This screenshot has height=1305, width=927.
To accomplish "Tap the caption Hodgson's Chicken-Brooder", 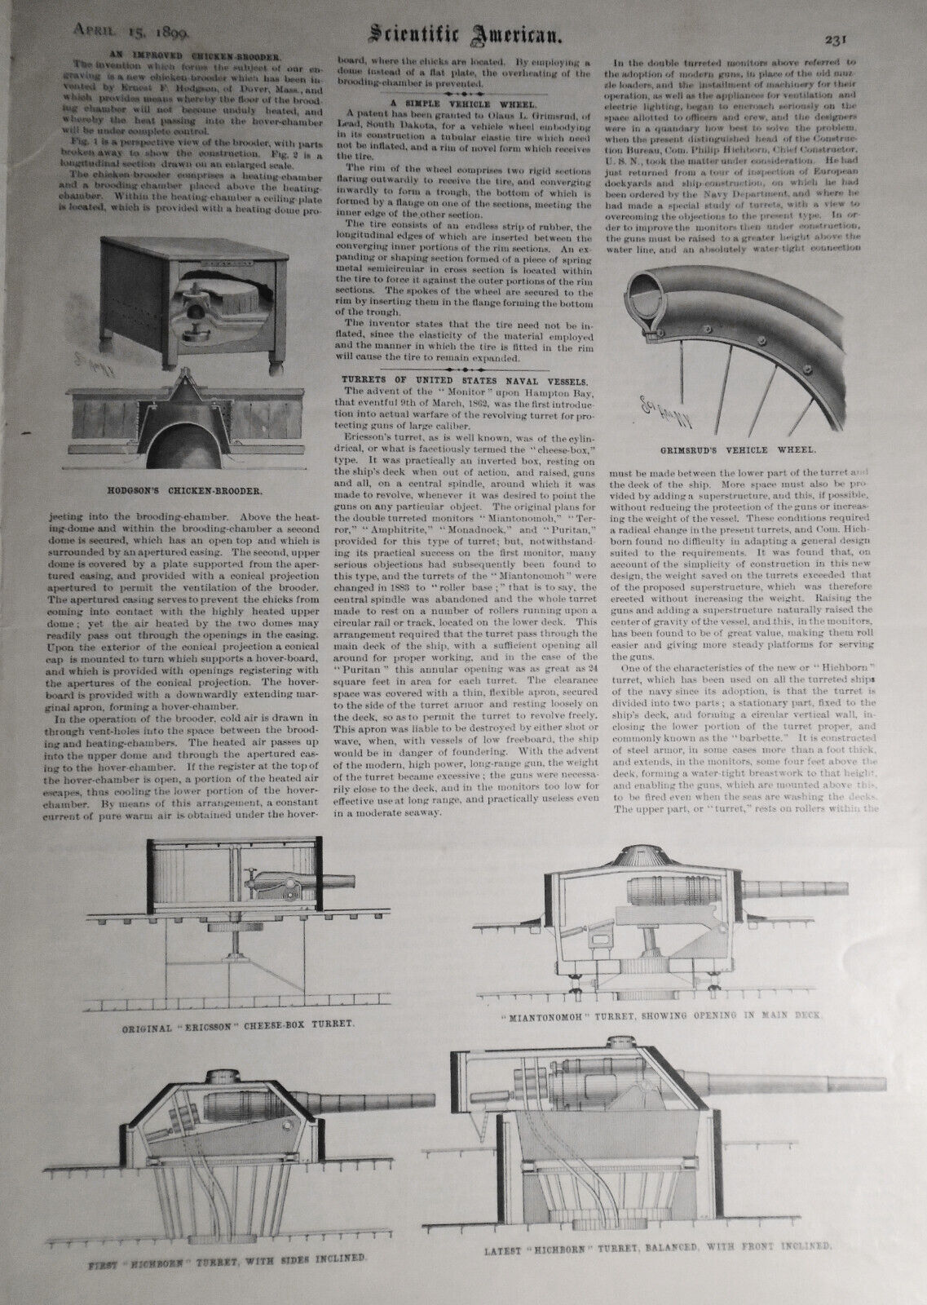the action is tap(188, 493).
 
